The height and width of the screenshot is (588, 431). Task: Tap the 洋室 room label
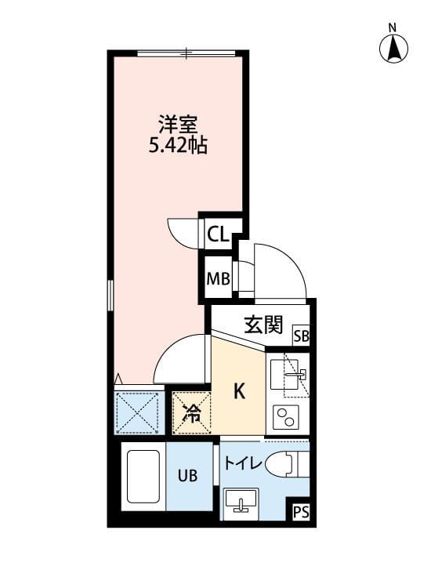178,125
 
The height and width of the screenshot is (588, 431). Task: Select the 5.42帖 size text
178,146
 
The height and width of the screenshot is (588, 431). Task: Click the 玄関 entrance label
263,325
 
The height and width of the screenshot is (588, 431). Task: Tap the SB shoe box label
301,336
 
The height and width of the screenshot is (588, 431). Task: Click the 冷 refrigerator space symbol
191,412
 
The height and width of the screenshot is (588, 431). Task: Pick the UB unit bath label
188,475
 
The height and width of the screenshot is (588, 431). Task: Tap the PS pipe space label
299,513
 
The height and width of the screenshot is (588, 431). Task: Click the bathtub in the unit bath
142,477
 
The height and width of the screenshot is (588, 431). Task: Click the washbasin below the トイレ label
241,503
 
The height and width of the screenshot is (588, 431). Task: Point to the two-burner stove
287,417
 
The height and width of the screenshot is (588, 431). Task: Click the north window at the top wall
186,53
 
